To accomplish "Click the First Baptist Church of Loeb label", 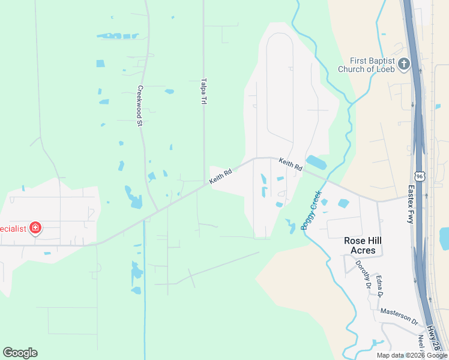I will tap(374, 65).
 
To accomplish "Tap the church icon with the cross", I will tap(404, 64).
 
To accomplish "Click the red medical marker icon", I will tap(35, 228).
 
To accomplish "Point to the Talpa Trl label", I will tap(203, 91).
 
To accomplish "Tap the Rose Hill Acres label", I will tap(363, 245).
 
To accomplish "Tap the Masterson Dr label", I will tap(399, 317).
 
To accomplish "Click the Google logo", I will tap(20, 353).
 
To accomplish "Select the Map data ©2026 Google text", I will tap(412, 355).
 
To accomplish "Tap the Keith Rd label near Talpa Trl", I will tap(220, 175).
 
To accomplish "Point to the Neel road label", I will tap(421, 342).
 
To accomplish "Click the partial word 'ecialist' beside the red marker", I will tap(13, 228).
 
